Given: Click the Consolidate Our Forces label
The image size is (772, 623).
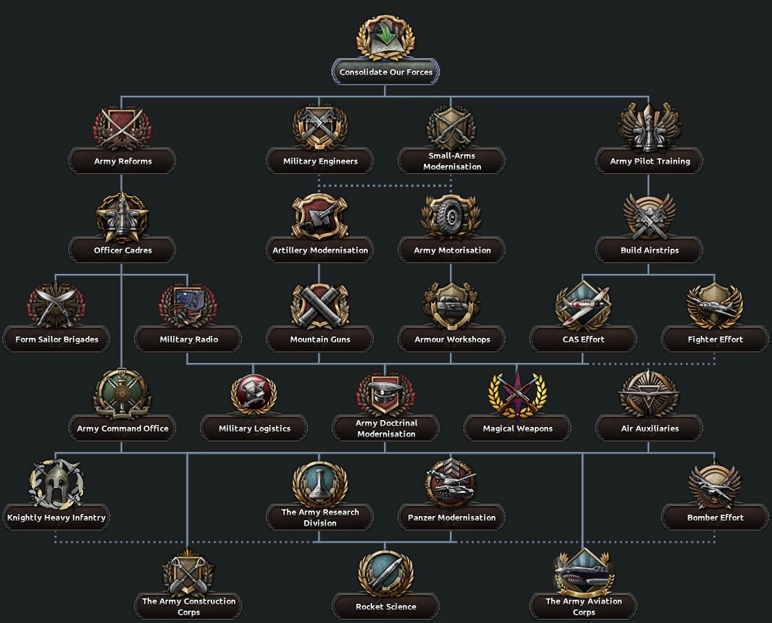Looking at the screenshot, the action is pos(386,72).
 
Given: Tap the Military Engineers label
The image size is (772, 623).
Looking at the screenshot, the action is pos(320,162).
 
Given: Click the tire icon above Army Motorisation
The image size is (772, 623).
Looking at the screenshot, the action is pos(451,215).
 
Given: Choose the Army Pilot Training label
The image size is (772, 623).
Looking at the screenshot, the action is pos(650,162).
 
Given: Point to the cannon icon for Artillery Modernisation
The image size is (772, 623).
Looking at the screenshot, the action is pos(320,215).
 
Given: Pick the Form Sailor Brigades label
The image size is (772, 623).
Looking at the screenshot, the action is pos(57,339).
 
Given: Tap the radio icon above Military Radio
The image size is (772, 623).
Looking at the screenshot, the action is pos(187,304).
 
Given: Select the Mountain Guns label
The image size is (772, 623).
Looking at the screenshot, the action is pos(320,339).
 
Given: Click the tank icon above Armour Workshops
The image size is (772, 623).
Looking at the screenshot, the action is pos(451,305).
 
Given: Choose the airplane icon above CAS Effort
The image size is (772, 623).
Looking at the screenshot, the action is pos(583,305).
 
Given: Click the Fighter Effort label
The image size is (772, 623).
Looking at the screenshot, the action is pos(715,339).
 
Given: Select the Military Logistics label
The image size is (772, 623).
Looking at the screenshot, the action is pos(255,428).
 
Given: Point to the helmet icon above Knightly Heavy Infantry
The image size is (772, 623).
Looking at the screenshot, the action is pos(56,483).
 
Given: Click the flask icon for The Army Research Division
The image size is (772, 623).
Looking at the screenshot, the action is pos(320,482).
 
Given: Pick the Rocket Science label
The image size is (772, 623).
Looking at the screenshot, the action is pos(386,607).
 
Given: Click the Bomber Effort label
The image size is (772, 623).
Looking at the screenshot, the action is pos(715,517).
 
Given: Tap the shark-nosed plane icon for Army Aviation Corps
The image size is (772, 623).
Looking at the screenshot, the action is pos(583,572).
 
